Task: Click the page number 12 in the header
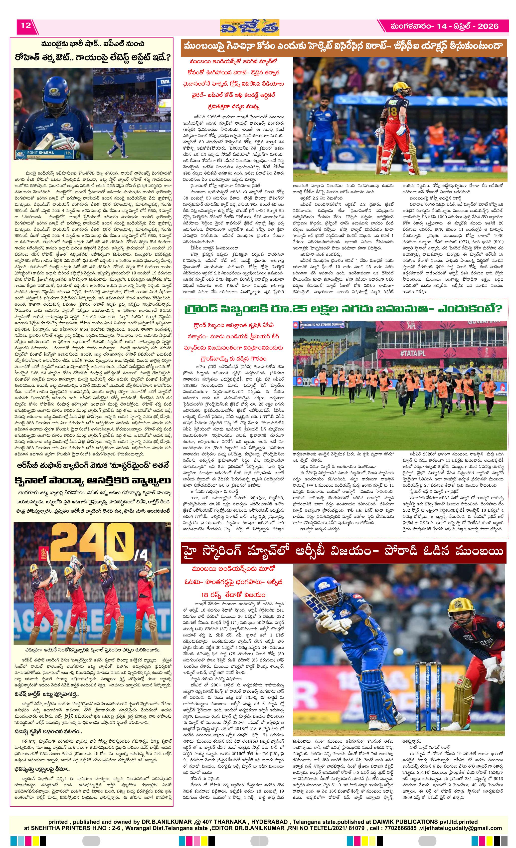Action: (26, 25)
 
